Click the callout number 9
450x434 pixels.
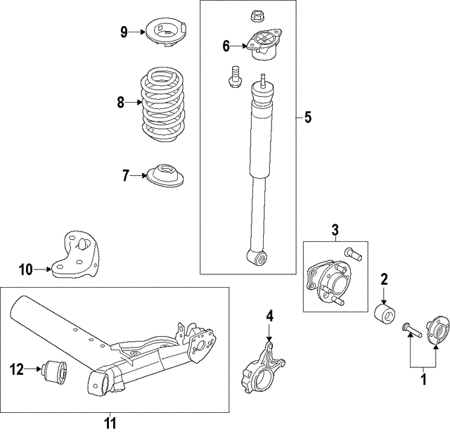tap(124, 31)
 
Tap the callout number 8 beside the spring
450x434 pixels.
tap(120, 103)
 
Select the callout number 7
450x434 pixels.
tap(126, 176)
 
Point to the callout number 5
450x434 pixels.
tap(307, 117)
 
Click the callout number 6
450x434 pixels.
tap(226, 46)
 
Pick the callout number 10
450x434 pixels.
tap(25, 269)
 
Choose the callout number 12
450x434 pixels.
tap(15, 366)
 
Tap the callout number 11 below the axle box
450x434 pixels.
tap(111, 423)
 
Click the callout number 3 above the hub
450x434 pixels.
tap(335, 229)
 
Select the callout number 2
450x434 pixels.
tap(385, 279)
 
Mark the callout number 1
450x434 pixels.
tap(423, 380)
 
